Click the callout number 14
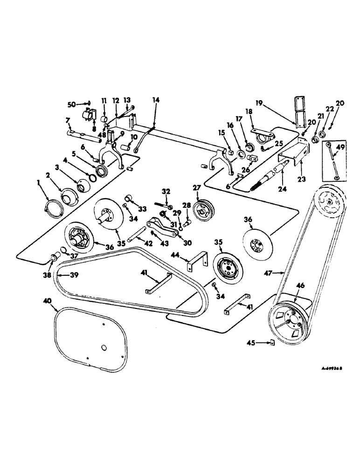[155, 100]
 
